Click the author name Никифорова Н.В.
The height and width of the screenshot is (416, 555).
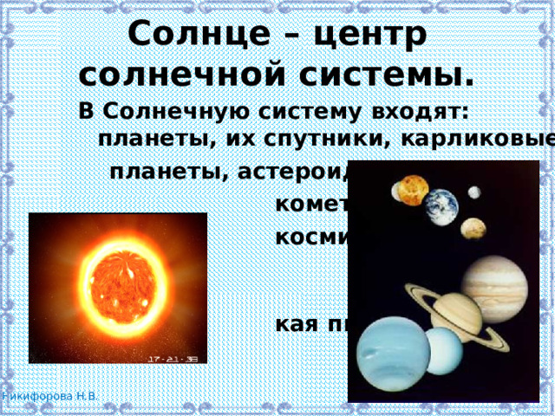tap(49, 396)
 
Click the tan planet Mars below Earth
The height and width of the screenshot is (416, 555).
tap(473, 228)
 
